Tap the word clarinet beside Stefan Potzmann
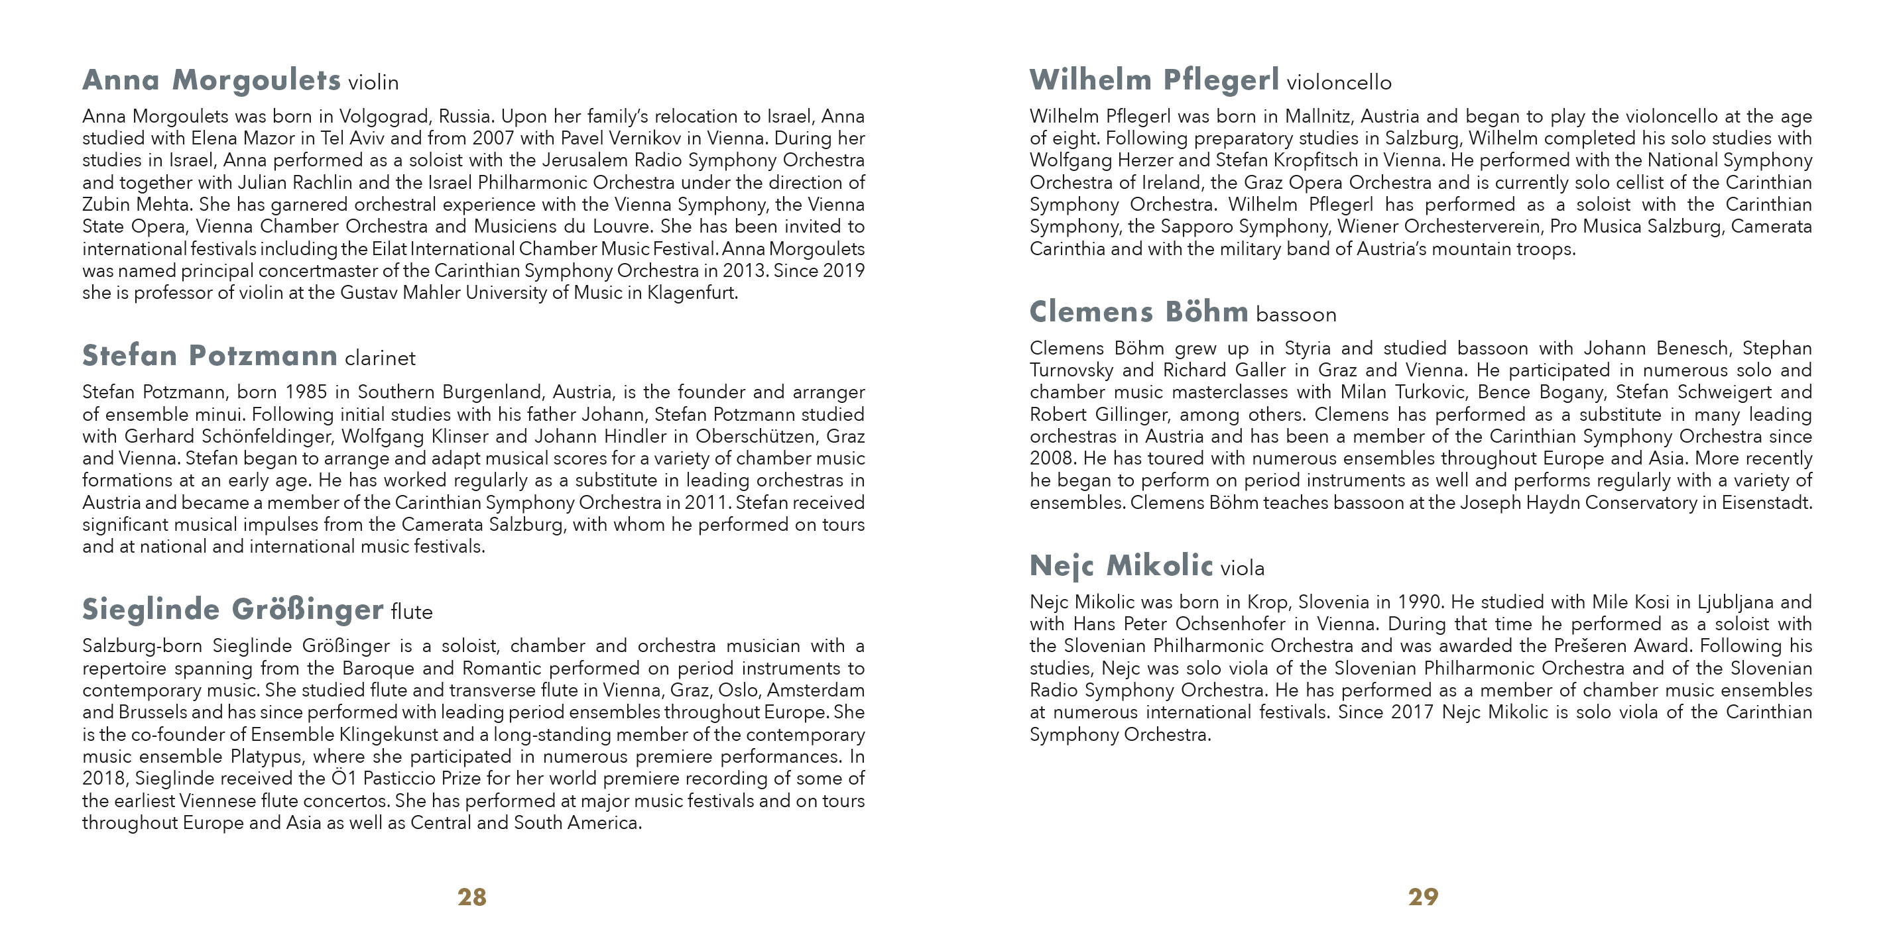(x=379, y=358)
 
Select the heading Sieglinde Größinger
(x=233, y=610)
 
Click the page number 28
(x=471, y=897)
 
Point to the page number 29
(x=1423, y=897)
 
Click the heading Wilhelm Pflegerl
(x=1154, y=80)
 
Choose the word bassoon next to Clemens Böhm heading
(x=1296, y=315)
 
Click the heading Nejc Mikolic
(x=1121, y=565)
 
